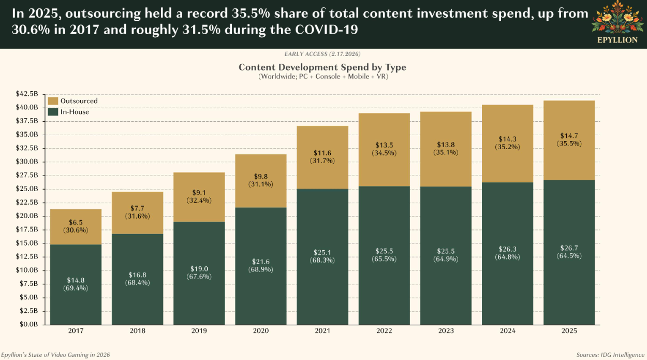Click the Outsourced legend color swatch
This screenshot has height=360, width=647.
coord(52,101)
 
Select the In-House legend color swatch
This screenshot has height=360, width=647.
coord(52,111)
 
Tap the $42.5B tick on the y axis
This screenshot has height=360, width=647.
coord(27,94)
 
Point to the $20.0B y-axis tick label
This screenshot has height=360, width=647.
coord(27,215)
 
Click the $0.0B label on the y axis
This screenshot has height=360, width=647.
coord(28,324)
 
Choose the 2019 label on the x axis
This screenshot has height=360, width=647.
coord(199,331)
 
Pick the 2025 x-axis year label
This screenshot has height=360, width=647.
coord(569,331)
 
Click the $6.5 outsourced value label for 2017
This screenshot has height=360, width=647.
coord(76,222)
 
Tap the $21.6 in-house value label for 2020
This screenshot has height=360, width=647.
coord(261,262)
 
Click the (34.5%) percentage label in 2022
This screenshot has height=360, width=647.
coord(384,153)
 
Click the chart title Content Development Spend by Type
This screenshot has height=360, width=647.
coord(322,67)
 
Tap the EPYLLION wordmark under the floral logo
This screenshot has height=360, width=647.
coord(617,40)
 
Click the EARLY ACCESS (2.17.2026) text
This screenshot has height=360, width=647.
coord(322,54)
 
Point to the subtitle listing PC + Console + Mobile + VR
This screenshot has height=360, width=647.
coord(322,77)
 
